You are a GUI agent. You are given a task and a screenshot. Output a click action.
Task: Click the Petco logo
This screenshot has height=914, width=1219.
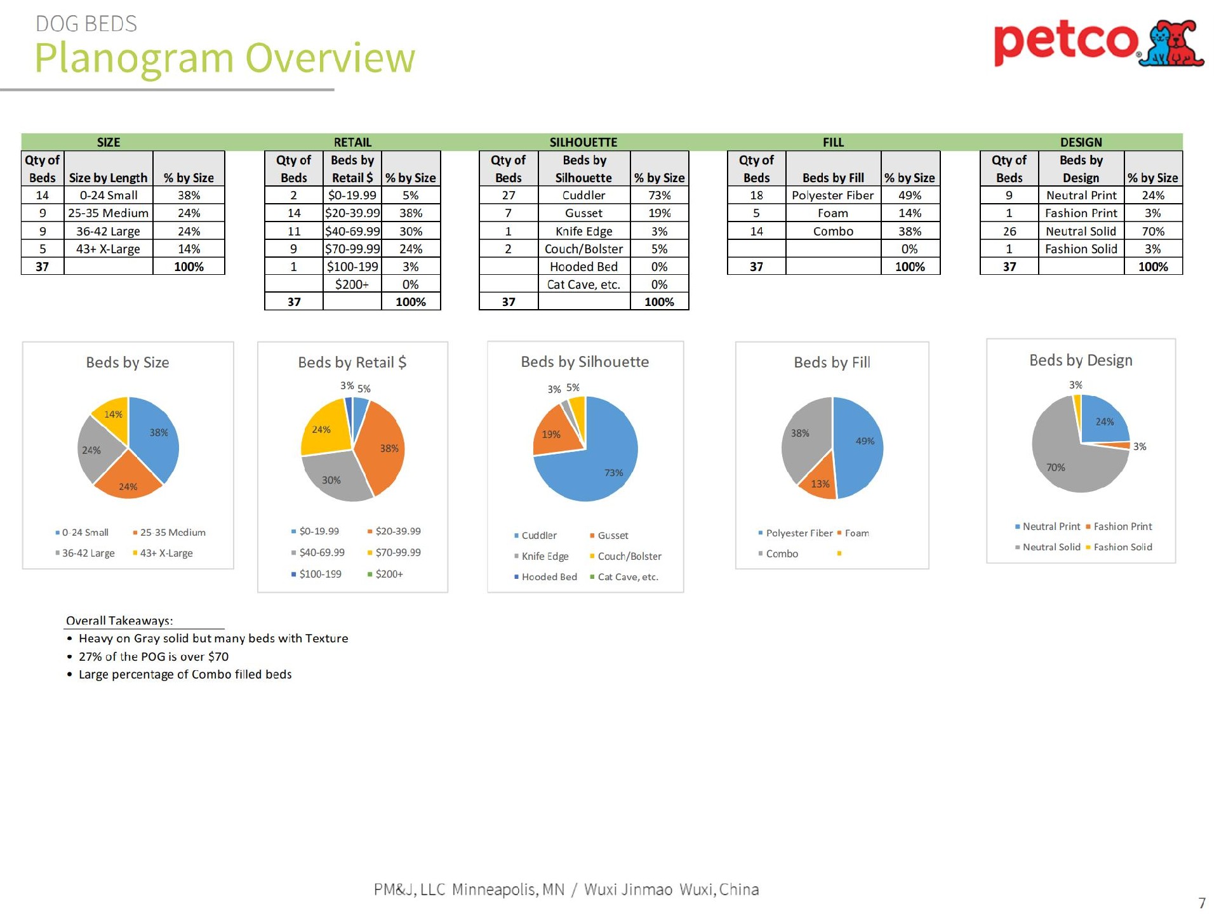pyautogui.click(x=1098, y=43)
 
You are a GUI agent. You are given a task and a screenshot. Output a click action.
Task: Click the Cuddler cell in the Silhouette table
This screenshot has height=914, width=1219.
pyautogui.click(x=583, y=195)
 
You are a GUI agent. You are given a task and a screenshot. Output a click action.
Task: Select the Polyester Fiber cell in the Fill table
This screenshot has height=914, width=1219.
pyautogui.click(x=832, y=195)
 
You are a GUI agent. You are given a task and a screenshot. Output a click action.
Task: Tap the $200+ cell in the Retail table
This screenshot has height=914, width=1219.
pyautogui.click(x=352, y=284)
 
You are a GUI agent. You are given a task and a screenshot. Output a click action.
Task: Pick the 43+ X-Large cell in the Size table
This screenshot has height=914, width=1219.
pyautogui.click(x=108, y=249)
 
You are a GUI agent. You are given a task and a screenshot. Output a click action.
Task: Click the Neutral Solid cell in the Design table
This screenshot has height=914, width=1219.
pyautogui.click(x=1081, y=231)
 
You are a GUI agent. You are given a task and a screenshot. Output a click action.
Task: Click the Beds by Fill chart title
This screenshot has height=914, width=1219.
pyautogui.click(x=832, y=362)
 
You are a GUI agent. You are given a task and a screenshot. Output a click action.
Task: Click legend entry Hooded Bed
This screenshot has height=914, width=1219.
pyautogui.click(x=549, y=577)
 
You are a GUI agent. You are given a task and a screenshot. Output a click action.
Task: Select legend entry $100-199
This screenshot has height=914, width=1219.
pyautogui.click(x=320, y=574)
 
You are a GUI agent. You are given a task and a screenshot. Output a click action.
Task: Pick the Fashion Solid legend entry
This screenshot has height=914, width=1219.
pyautogui.click(x=1122, y=547)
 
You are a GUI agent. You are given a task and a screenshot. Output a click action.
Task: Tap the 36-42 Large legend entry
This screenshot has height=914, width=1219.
pyautogui.click(x=88, y=553)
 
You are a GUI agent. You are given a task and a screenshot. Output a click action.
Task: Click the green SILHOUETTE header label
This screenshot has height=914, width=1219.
pyautogui.click(x=583, y=142)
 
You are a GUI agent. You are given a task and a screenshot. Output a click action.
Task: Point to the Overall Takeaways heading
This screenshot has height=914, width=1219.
pyautogui.click(x=119, y=621)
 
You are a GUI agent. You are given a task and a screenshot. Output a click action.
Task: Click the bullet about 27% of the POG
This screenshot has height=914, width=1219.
pyautogui.click(x=153, y=657)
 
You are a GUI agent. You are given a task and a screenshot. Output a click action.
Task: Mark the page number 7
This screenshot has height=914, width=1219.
pyautogui.click(x=1201, y=903)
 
